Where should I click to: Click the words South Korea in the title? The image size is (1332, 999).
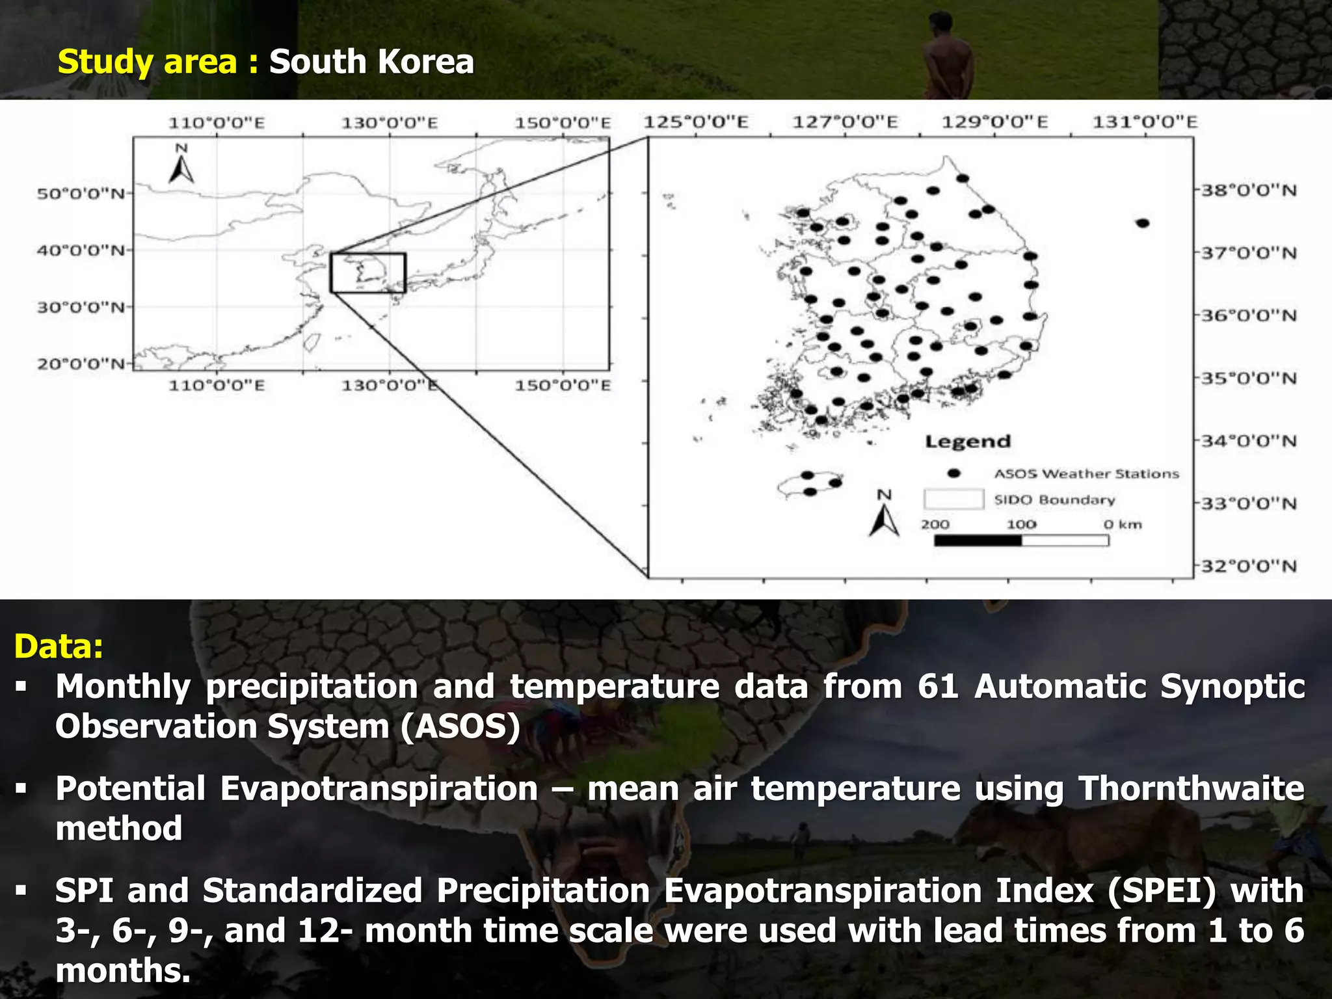pyautogui.click(x=371, y=62)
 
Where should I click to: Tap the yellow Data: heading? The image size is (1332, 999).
pyautogui.click(x=59, y=646)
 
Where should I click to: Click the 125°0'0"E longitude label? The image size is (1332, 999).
pyautogui.click(x=696, y=122)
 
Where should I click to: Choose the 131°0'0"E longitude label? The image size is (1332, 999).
pyautogui.click(x=1145, y=122)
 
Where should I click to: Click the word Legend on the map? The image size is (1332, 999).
pyautogui.click(x=968, y=442)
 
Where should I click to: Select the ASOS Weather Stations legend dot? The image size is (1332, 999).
pyautogui.click(x=953, y=473)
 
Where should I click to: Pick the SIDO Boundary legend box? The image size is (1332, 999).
pyautogui.click(x=953, y=499)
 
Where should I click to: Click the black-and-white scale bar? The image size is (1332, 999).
pyautogui.click(x=1021, y=540)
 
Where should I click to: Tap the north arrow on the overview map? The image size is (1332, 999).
pyautogui.click(x=181, y=166)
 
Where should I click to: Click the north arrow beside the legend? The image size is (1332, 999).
pyautogui.click(x=884, y=515)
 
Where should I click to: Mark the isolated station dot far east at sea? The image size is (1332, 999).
pyautogui.click(x=1143, y=223)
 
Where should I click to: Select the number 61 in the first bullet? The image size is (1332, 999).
pyautogui.click(x=938, y=687)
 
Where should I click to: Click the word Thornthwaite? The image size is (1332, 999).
pyautogui.click(x=1191, y=788)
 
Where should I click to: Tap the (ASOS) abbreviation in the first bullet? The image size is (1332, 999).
pyautogui.click(x=460, y=726)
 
